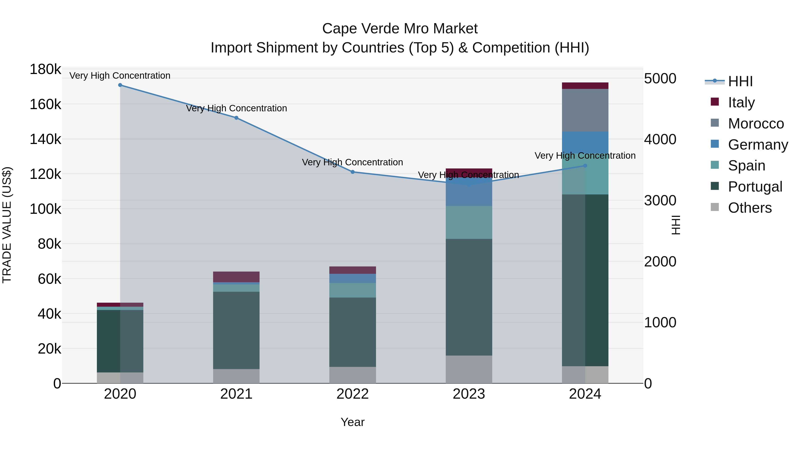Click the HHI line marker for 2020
pos(120,85)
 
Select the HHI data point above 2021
pos(236,118)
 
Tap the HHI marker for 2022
pos(352,172)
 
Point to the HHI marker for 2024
pos(585,166)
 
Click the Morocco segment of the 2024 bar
pos(585,110)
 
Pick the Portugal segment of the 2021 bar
pos(236,330)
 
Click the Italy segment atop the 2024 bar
pos(585,86)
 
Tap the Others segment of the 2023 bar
pos(469,369)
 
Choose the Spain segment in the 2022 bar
pos(352,290)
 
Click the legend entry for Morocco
pos(755,124)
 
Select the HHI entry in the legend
pos(740,81)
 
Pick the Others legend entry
pos(749,208)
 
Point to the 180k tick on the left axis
pos(45,69)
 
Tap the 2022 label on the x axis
pos(352,394)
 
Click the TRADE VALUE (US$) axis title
pos(7,225)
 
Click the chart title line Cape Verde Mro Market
pos(400,29)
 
